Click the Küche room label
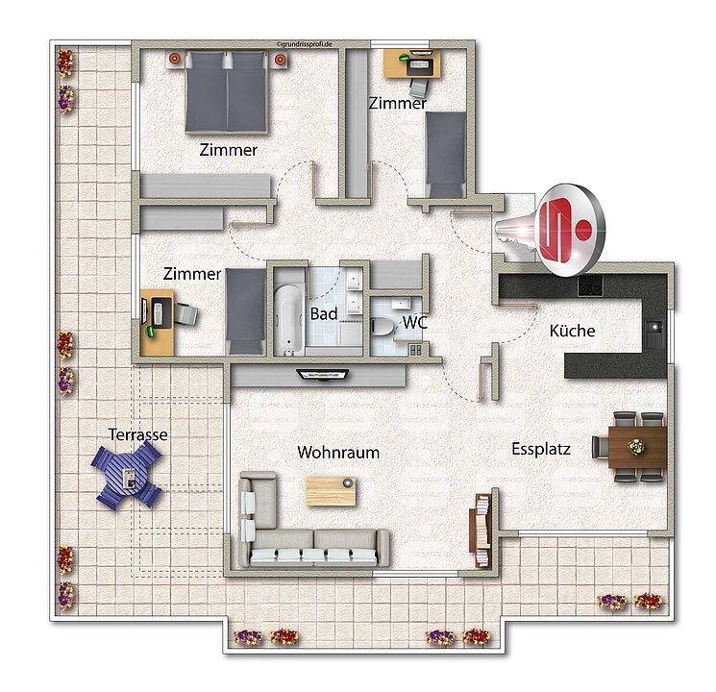click(572, 331)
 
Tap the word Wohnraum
click(338, 452)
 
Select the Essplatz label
click(541, 449)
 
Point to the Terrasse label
click(137, 434)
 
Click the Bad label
click(324, 313)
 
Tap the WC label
click(414, 323)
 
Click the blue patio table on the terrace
click(128, 476)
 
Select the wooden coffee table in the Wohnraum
click(331, 491)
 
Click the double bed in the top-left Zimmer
click(227, 92)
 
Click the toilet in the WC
click(383, 327)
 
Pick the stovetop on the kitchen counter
click(590, 285)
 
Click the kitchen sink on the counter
click(654, 327)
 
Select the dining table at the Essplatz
click(637, 447)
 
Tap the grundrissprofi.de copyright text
click(304, 44)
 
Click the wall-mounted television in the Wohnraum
click(323, 375)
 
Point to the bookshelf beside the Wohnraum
click(481, 531)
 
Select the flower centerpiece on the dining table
click(634, 446)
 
